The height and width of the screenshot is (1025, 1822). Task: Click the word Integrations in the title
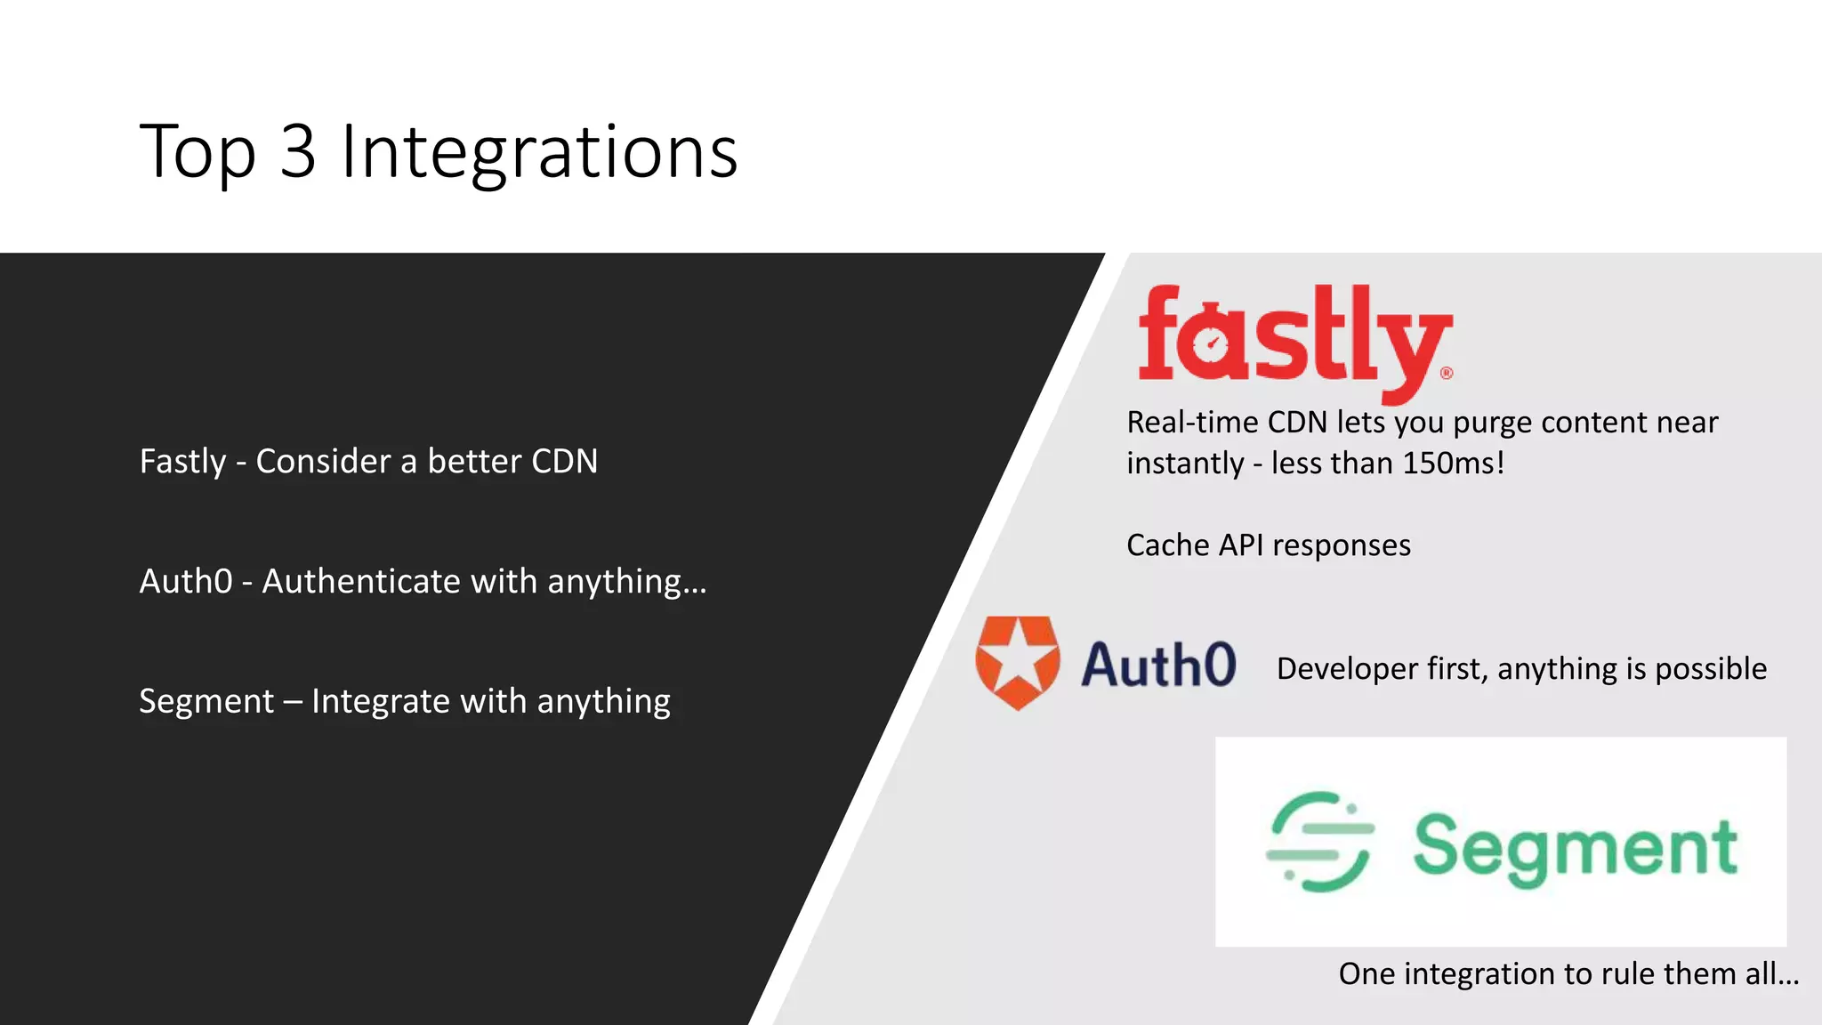539,152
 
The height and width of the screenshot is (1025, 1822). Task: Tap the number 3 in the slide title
298,152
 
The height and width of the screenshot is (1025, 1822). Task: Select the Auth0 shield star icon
1018,662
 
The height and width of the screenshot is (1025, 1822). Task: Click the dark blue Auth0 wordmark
1158,665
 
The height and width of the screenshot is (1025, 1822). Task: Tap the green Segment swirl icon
1319,842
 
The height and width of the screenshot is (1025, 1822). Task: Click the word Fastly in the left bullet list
183,462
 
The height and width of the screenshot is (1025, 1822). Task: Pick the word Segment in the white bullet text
206,701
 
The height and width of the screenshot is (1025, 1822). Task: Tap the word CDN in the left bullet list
564,462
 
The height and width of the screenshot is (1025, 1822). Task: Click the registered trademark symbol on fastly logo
1447,373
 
